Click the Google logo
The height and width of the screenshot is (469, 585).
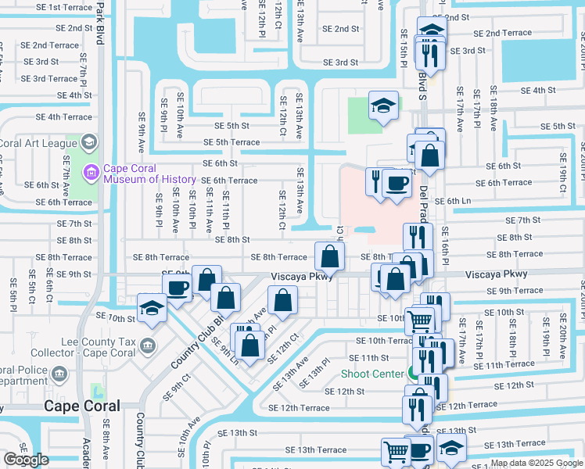click(x=26, y=460)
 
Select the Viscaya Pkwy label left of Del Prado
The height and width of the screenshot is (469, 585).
click(x=303, y=277)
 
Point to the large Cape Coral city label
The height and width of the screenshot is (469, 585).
click(x=82, y=406)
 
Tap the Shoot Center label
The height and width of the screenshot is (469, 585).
click(x=372, y=374)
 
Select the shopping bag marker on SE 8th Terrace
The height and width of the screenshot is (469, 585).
click(x=330, y=255)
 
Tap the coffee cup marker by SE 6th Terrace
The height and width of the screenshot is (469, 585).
click(x=397, y=183)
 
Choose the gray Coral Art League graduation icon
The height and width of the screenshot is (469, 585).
click(x=88, y=142)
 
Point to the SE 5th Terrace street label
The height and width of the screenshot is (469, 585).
click(x=231, y=142)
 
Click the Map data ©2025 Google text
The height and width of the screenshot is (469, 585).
click(x=536, y=463)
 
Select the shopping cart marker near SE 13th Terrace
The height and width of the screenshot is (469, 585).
click(x=396, y=451)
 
